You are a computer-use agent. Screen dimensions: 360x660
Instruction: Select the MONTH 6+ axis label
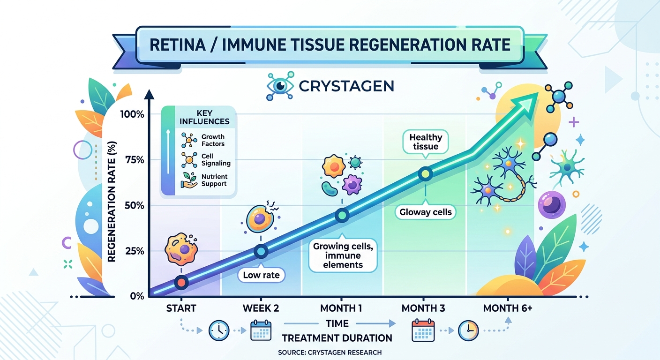click(x=508, y=308)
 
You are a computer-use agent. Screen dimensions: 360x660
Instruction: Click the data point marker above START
click(x=181, y=282)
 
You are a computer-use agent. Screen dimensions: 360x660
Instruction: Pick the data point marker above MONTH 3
click(x=425, y=174)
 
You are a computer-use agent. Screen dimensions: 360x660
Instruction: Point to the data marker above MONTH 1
click(x=342, y=215)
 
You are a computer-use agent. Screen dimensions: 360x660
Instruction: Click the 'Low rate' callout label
click(x=261, y=275)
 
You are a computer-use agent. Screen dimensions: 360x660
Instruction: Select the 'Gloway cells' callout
click(x=426, y=212)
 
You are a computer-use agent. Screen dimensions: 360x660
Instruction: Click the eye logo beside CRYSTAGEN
click(x=280, y=86)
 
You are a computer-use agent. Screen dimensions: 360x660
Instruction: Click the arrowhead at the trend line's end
click(x=528, y=101)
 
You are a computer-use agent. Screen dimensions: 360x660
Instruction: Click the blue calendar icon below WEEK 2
click(x=261, y=330)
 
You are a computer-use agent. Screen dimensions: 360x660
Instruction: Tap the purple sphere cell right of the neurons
click(x=552, y=205)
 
